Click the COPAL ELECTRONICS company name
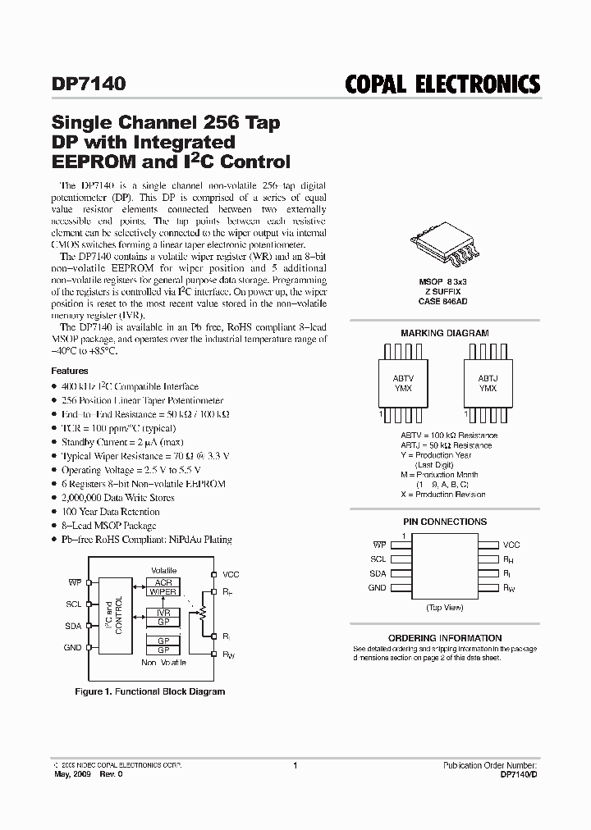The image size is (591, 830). pos(444,84)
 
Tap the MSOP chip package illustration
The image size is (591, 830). pos(443,251)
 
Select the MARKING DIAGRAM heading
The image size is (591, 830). pos(444,333)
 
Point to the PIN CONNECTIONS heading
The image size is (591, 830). pos(444,522)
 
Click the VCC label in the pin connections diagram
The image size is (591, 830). pos(511,545)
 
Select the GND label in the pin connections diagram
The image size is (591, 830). pos(377,588)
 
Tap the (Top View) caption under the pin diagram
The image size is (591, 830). pos(444,608)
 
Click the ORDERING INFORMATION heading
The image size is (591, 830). pos(444,637)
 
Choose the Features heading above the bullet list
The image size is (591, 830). pos(70,371)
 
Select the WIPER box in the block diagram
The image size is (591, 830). pos(163,591)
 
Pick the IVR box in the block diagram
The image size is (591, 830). pos(163,613)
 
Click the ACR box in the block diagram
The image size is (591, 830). pos(163,581)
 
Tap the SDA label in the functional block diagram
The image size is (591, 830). pos(74,627)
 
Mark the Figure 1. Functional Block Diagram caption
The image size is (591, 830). pos(149,691)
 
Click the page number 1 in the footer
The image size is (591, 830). pos(295,765)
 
